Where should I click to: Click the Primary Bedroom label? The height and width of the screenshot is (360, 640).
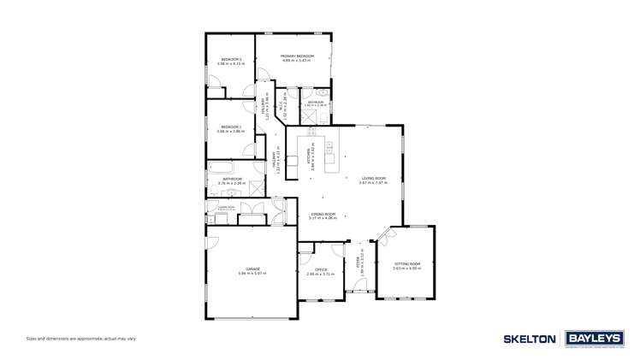point(298,56)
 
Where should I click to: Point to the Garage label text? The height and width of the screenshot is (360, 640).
point(253,269)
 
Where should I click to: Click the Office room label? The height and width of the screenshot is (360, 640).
point(321,269)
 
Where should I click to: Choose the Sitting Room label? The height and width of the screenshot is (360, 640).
point(407,263)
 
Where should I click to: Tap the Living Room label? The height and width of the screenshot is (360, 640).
point(373,178)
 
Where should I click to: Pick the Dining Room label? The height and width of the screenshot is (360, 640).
point(323,214)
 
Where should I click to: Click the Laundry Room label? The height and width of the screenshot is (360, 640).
point(226,207)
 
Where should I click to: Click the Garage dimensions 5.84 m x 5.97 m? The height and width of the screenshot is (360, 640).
point(253,274)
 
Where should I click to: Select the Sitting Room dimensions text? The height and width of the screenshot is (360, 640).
point(407,269)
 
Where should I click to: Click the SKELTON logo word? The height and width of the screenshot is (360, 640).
point(530,339)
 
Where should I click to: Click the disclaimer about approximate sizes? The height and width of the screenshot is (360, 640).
point(80,339)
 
